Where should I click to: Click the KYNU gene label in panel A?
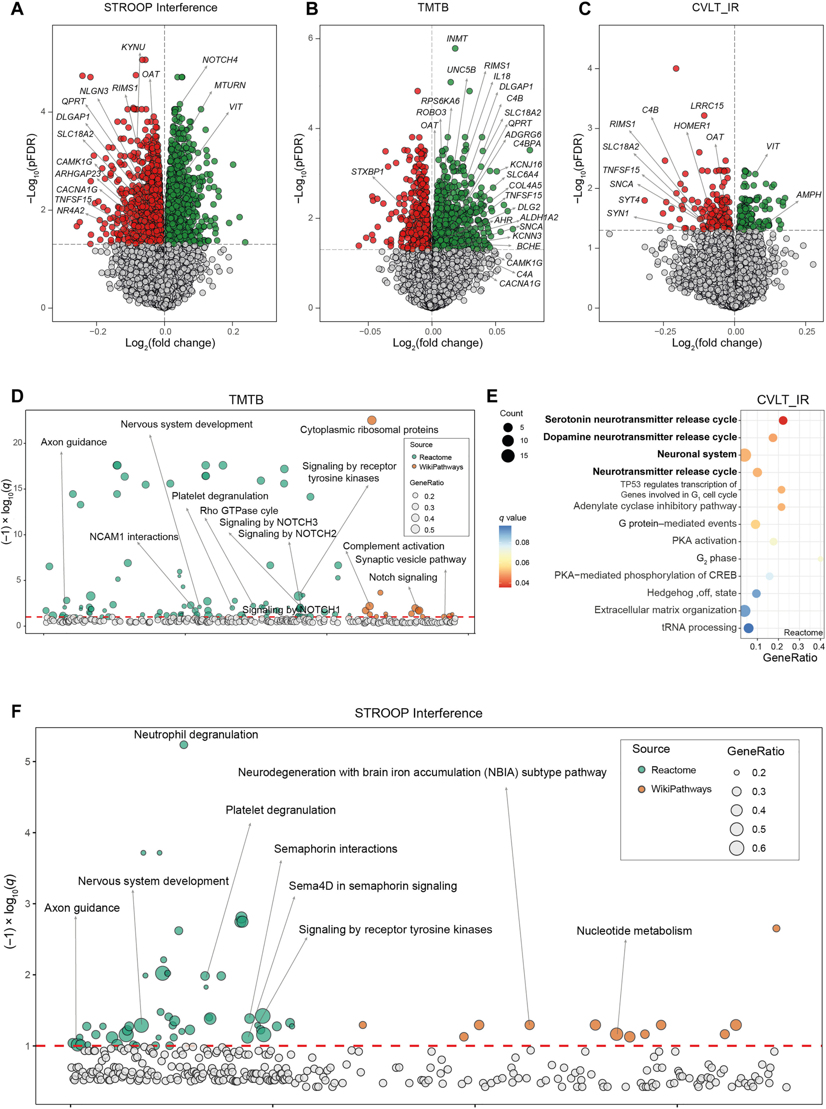coord(133,47)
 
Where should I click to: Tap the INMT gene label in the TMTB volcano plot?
coord(457,38)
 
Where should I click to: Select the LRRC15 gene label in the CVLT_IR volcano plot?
coord(706,106)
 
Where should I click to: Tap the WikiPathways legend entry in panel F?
coord(681,789)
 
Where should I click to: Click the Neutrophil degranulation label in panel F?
coord(196,734)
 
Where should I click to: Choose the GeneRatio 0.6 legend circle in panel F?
coord(737,848)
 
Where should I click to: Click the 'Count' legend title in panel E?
coord(511,413)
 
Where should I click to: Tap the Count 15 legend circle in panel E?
coord(508,456)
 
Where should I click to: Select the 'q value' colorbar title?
coord(513,518)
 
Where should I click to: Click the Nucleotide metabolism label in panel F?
coord(634,931)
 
